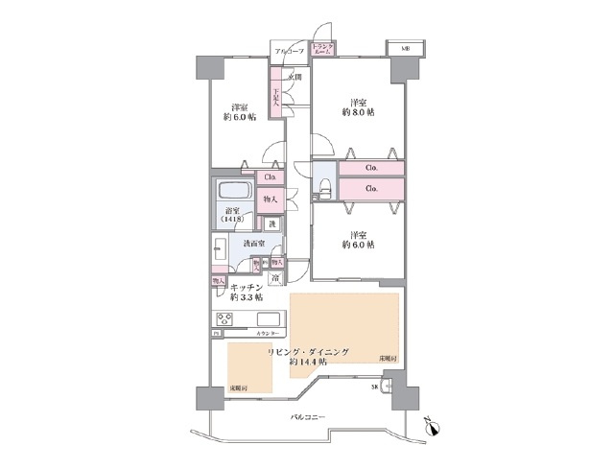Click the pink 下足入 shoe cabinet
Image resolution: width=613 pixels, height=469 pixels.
(x=275, y=99)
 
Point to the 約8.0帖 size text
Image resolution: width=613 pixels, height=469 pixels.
(x=358, y=112)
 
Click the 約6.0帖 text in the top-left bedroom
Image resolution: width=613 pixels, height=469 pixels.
(x=239, y=117)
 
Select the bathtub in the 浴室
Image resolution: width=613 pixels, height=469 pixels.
(x=231, y=189)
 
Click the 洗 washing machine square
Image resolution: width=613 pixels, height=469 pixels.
(x=272, y=224)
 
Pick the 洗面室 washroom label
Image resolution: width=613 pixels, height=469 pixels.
(x=255, y=244)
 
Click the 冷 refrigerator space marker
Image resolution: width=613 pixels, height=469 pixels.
(x=275, y=278)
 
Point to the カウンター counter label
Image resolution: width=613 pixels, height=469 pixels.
(x=268, y=332)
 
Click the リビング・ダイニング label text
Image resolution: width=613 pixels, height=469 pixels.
(x=307, y=352)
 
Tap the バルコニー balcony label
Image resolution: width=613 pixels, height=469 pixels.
(x=309, y=417)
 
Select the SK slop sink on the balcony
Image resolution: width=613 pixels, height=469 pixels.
(x=386, y=385)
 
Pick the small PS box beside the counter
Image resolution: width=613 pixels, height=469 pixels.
(x=216, y=332)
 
